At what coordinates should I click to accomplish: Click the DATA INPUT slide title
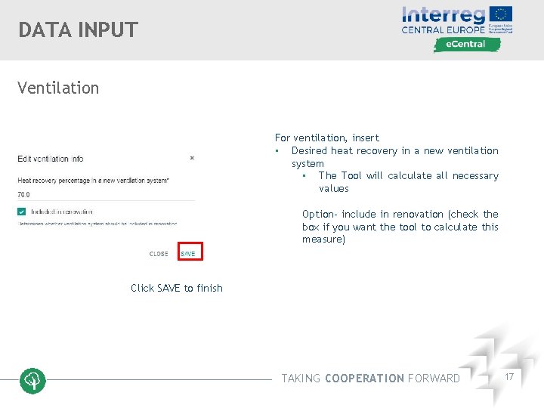click(x=79, y=30)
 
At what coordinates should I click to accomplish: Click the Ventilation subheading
click(x=58, y=88)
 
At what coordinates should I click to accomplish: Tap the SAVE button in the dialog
click(x=188, y=254)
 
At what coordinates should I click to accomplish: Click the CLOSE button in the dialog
click(x=159, y=254)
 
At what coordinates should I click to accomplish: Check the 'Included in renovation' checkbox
click(x=22, y=212)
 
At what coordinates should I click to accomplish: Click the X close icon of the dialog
click(x=192, y=158)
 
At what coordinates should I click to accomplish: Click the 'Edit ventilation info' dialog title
click(x=51, y=159)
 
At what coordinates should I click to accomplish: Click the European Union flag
click(x=501, y=14)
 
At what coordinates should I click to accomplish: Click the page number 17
click(x=509, y=376)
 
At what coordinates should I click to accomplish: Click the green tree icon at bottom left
click(x=32, y=381)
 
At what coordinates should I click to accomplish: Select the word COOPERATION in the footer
click(x=364, y=379)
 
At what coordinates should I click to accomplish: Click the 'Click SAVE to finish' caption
click(x=177, y=288)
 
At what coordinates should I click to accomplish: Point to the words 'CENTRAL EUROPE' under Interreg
click(x=443, y=31)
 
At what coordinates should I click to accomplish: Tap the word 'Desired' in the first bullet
click(x=308, y=150)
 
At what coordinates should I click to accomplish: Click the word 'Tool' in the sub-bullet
click(x=351, y=175)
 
